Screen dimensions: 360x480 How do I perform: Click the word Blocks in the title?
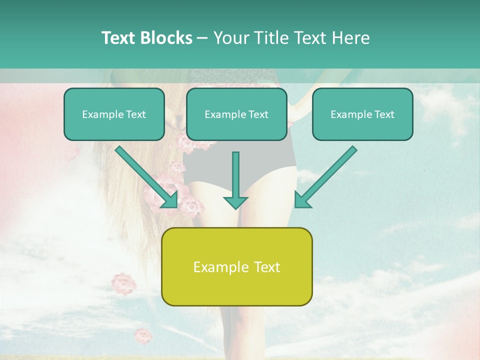point(166,38)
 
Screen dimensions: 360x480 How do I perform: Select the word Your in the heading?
point(231,38)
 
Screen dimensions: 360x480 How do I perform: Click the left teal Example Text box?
point(114,114)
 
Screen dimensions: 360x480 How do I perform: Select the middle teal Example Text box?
point(236,114)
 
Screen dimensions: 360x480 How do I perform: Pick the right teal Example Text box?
point(362,114)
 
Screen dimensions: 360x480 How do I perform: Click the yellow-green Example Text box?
point(236,266)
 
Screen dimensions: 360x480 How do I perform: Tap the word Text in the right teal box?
point(384,114)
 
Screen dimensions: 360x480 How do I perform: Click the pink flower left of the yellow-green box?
point(123,283)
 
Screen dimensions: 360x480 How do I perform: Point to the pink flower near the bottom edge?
point(143,335)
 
